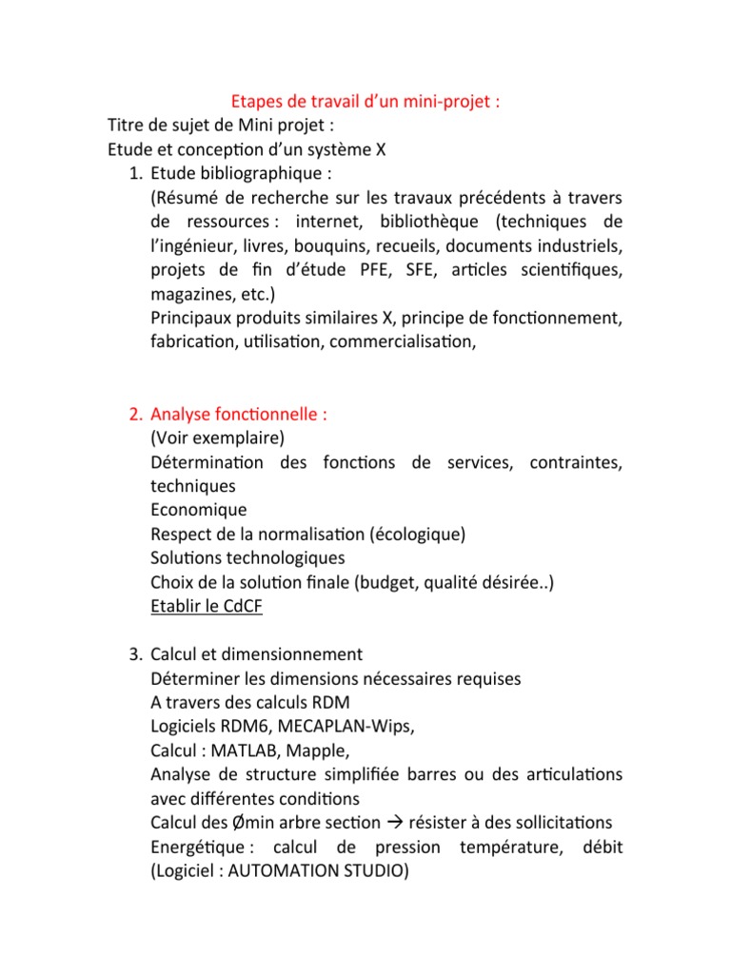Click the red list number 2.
tap(134, 415)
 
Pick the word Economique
tap(198, 509)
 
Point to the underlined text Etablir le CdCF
tap(206, 606)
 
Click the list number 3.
tap(134, 654)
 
